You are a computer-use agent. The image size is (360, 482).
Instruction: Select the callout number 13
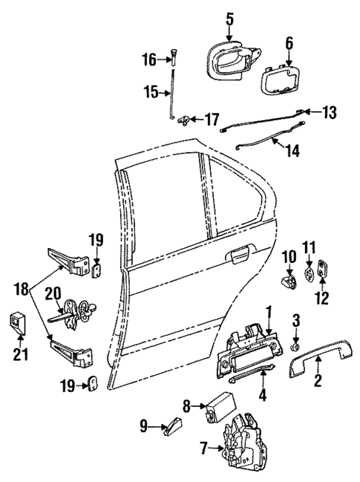[329, 112]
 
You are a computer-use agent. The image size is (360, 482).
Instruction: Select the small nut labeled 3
[295, 345]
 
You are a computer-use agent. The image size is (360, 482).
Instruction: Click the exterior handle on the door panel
[239, 257]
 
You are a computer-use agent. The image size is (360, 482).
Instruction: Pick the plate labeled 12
[323, 273]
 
